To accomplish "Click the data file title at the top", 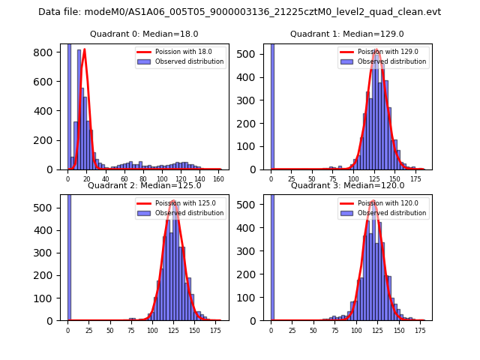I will tap(239, 12).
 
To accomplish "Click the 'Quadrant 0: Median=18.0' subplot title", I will tap(144, 34).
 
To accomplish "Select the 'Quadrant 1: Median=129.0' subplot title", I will tap(346, 34).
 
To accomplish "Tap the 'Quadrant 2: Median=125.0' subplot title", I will tap(144, 185).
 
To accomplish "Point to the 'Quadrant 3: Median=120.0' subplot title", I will tap(346, 185).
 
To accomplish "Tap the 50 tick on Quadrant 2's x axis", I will tap(110, 329).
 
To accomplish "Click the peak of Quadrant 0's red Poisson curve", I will tap(84, 49).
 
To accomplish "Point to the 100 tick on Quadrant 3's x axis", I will tap(356, 329).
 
